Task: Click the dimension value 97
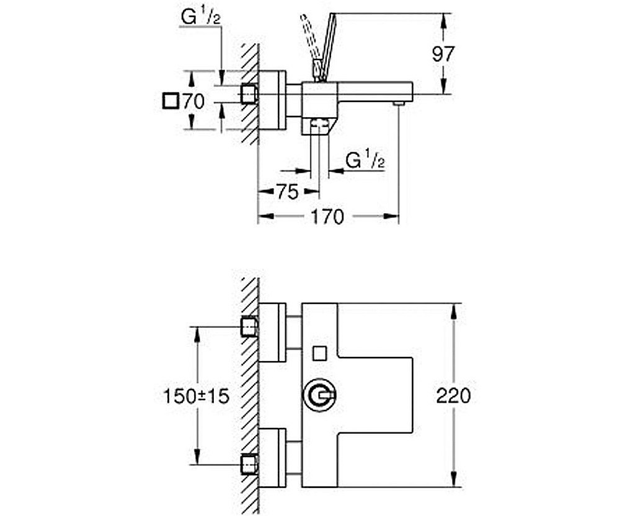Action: point(443,54)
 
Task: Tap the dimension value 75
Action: point(287,192)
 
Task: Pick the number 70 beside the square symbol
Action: point(193,102)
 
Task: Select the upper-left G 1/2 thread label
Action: point(200,18)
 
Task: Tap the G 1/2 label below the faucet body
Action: point(366,162)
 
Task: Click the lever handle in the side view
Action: point(322,46)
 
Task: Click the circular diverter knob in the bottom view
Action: point(319,395)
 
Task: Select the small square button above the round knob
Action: point(320,353)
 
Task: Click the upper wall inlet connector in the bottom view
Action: point(249,326)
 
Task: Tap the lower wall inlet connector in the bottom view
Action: point(249,463)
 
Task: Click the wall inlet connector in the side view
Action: point(249,94)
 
